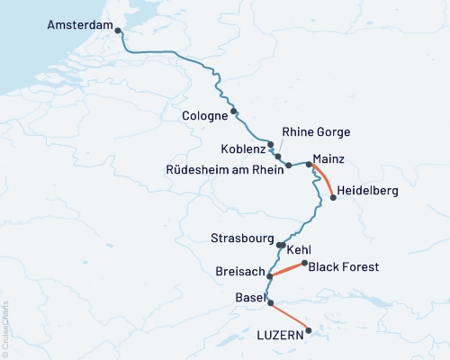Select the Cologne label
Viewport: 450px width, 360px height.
204,116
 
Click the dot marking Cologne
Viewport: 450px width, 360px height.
234,112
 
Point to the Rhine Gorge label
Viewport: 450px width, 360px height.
316,132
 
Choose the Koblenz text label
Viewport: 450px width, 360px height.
242,148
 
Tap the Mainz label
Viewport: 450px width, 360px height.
328,158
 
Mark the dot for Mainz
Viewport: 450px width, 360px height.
309,164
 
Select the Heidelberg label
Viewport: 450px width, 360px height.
369,191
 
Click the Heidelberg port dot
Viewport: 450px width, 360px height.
333,198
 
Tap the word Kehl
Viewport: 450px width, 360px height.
299,248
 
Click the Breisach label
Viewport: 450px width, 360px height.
240,272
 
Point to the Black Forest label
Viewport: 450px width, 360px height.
344,266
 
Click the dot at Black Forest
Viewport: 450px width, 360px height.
304,263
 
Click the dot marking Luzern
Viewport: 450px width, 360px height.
309,330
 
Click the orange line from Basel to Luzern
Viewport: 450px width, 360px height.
289,317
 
